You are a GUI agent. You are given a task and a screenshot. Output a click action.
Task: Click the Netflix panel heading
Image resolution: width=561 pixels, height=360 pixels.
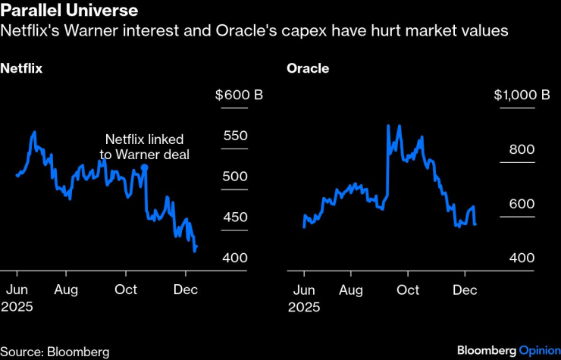tap(21, 68)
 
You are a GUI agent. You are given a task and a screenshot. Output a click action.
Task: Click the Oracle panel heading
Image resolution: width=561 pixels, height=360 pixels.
tap(308, 68)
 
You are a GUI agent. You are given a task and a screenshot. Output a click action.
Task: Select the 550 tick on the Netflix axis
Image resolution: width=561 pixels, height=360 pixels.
tap(236, 136)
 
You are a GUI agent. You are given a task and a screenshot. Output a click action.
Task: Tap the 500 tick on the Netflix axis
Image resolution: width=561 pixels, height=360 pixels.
tap(236, 177)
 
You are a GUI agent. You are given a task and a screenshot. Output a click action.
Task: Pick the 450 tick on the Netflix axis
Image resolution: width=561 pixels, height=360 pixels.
tap(236, 218)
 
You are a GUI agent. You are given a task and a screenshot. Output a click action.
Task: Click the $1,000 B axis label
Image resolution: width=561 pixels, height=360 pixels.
tap(522, 95)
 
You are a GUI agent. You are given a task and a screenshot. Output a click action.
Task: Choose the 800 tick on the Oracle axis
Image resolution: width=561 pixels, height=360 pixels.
tap(521, 150)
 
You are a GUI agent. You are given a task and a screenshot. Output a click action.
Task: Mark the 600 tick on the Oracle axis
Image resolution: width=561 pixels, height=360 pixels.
tap(521, 204)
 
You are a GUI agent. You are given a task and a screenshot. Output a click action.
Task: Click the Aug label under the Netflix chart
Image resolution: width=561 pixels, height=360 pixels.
tap(67, 290)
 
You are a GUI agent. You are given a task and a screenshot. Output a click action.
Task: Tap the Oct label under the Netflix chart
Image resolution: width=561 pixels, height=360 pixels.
tap(126, 290)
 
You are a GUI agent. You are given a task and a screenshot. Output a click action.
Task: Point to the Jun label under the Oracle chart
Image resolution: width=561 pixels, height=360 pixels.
tap(304, 290)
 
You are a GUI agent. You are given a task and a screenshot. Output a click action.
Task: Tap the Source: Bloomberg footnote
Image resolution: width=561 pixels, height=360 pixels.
tap(55, 352)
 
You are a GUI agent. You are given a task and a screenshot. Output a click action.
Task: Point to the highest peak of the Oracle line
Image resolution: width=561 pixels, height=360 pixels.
tap(389, 125)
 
